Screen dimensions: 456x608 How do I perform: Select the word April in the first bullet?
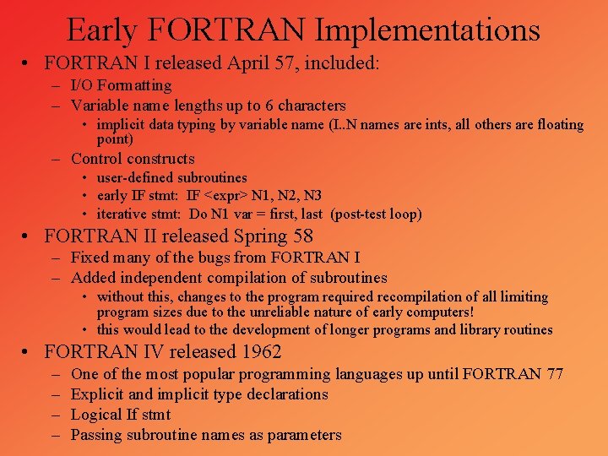coord(249,62)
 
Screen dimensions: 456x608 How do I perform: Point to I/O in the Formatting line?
coord(83,85)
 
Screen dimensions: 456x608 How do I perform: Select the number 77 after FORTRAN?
coord(553,374)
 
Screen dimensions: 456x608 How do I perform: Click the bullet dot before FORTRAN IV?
coord(28,352)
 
